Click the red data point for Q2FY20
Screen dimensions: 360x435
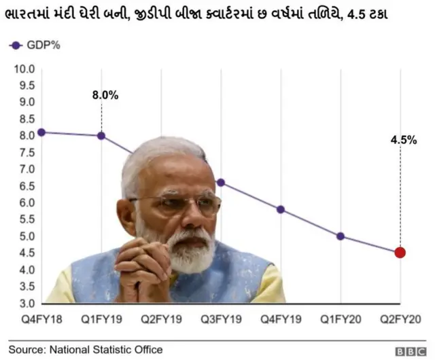tap(400, 253)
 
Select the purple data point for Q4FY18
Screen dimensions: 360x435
tap(41, 132)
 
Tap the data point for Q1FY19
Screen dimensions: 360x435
tap(101, 136)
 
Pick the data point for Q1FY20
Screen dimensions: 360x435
tap(340, 236)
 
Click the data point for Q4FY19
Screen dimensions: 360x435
tap(281, 209)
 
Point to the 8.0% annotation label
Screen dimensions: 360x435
tap(105, 96)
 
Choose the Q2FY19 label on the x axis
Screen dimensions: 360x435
tap(162, 318)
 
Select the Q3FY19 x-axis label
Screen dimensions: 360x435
tap(221, 318)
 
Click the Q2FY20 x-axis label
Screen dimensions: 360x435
tap(400, 318)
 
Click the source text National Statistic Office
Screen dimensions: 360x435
tap(85, 350)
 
